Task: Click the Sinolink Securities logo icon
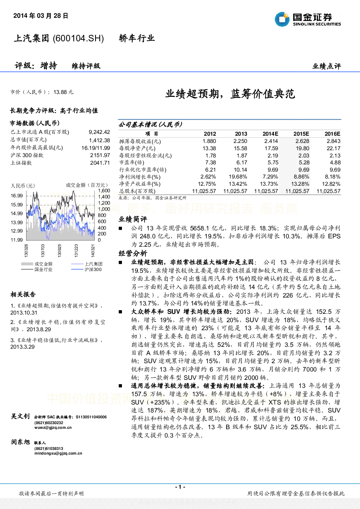tap(282, 19)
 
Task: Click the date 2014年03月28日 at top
tap(41, 16)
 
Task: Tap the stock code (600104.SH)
tap(78, 38)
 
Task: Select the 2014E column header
tap(270, 134)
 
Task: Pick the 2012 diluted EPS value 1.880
tap(209, 141)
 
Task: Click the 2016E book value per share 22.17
tap(334, 148)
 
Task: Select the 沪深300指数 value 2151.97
tap(100, 155)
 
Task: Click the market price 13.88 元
tap(64, 92)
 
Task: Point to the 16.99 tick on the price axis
tap(17, 196)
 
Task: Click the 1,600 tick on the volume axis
tap(104, 190)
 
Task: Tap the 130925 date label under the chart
tap(60, 251)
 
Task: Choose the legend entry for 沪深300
tap(86, 270)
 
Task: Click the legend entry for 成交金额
tap(37, 264)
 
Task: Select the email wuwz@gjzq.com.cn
tap(53, 427)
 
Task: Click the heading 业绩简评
tap(133, 219)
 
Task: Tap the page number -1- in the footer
tap(180, 487)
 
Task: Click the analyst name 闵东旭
tap(20, 442)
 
